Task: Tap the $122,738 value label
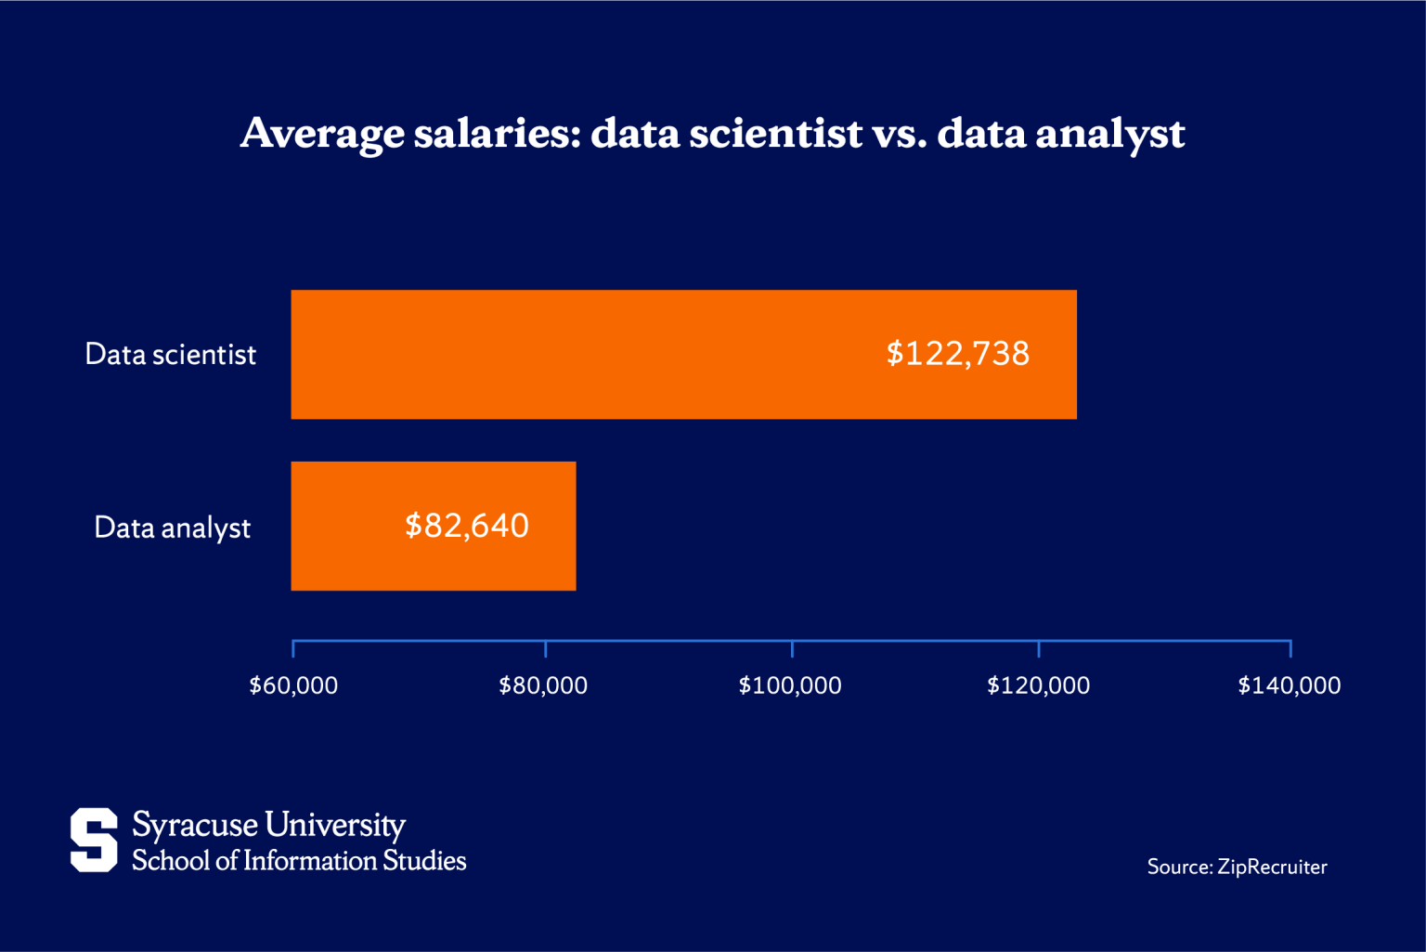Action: click(x=957, y=354)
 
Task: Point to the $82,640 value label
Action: click(x=466, y=526)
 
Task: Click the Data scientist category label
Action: click(x=170, y=355)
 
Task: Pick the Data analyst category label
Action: click(x=172, y=528)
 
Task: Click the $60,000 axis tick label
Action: click(x=293, y=685)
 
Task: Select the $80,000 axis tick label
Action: click(x=543, y=685)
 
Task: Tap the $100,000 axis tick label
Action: click(x=790, y=685)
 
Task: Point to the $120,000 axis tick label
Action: click(x=1038, y=685)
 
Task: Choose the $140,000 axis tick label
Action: click(x=1289, y=685)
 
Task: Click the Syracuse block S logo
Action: click(x=94, y=840)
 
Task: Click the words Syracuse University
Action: click(x=268, y=825)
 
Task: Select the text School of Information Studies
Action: click(x=299, y=861)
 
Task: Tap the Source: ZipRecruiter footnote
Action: click(x=1237, y=867)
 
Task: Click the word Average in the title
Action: click(x=322, y=134)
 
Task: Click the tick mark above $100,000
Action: click(x=792, y=648)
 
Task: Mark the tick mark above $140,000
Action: click(x=1290, y=648)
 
